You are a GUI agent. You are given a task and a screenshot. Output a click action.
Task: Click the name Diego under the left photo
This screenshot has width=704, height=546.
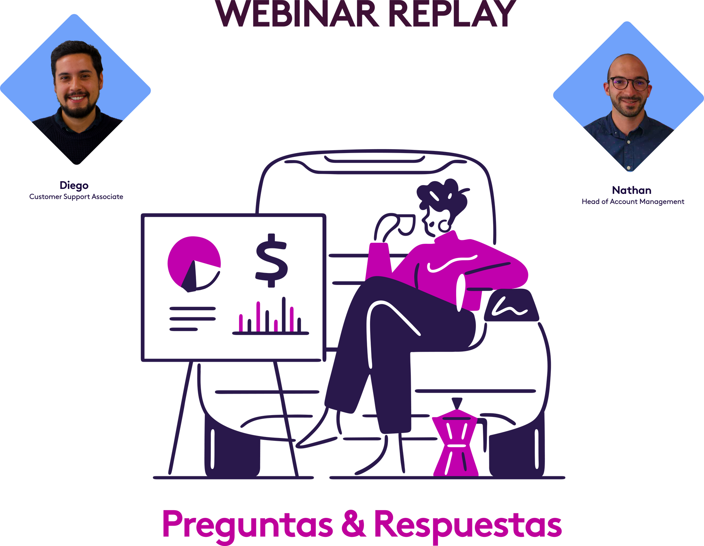tap(74, 185)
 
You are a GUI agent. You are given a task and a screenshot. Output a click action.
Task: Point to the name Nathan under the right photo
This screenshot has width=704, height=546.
tap(631, 190)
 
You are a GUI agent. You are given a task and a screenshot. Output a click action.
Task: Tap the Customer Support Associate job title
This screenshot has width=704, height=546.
tap(76, 197)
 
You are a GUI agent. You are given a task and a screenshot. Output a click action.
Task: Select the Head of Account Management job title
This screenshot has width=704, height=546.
tap(633, 202)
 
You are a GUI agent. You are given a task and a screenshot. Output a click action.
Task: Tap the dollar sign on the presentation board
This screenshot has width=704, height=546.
tap(271, 260)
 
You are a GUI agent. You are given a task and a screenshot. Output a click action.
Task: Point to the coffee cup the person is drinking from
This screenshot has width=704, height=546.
tap(405, 225)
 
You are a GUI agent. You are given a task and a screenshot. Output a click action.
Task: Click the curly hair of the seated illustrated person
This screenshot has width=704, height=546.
tap(442, 195)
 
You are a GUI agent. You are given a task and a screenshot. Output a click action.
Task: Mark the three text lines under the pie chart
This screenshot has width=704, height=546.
tap(192, 319)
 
